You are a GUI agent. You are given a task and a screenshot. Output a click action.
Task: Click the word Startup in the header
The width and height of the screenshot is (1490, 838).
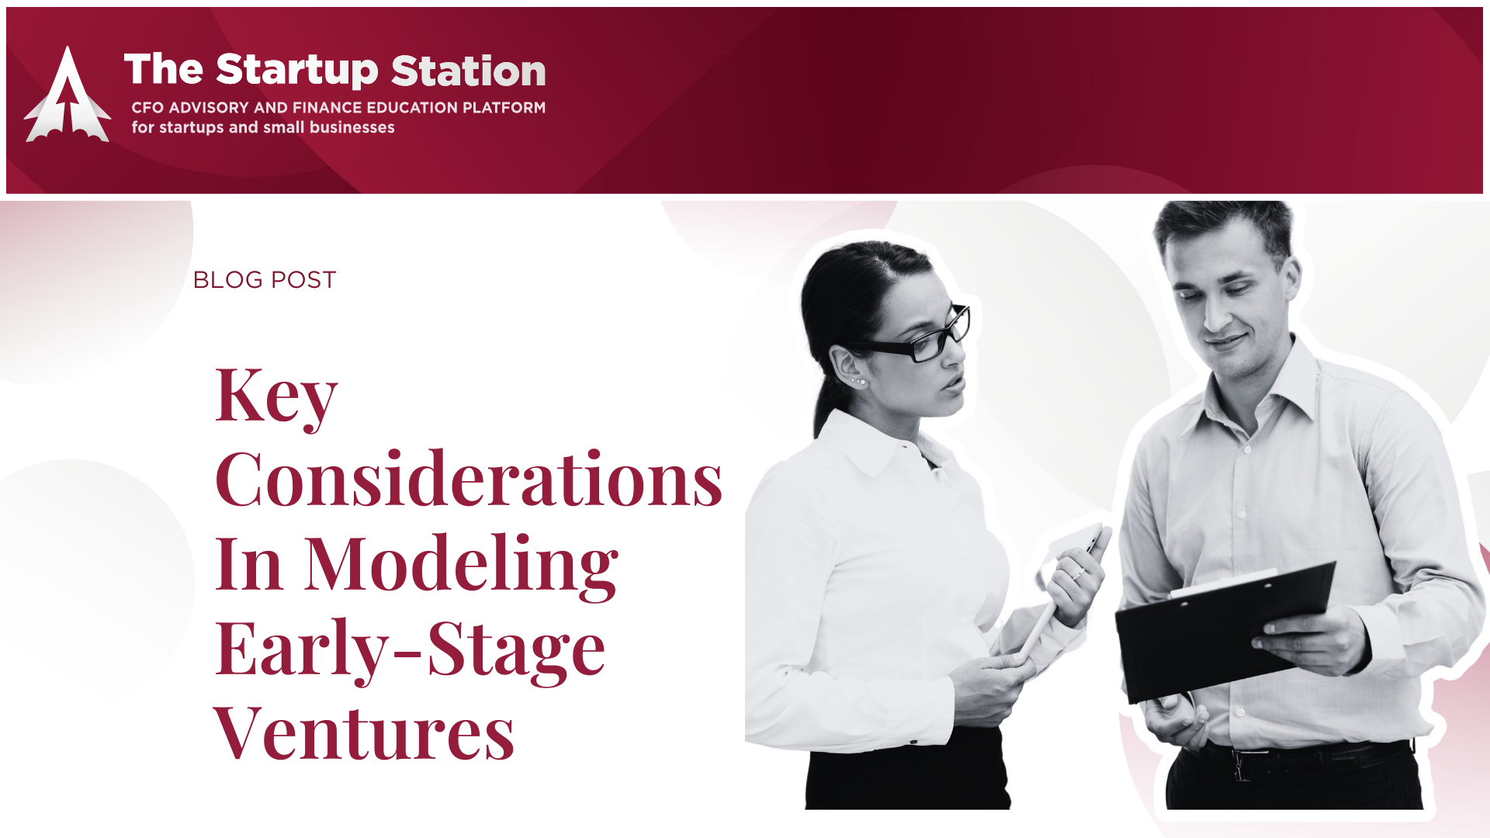pyautogui.click(x=297, y=71)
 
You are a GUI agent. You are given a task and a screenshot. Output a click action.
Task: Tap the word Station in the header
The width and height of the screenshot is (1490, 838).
pyautogui.click(x=469, y=71)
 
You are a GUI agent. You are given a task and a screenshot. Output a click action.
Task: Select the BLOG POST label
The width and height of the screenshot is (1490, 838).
pyautogui.click(x=265, y=279)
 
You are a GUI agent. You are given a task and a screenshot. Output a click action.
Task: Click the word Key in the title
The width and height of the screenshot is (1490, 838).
pyautogui.click(x=276, y=396)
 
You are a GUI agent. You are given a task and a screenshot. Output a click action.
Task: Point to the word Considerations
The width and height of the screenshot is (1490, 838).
pyautogui.click(x=469, y=479)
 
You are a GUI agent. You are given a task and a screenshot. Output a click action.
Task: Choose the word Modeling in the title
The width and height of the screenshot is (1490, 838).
pyautogui.click(x=462, y=565)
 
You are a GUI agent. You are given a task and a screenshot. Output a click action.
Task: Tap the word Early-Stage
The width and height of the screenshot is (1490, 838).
pyautogui.click(x=410, y=649)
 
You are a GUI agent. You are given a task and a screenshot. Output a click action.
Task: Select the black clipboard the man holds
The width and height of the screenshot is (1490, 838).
pyautogui.click(x=1225, y=629)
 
